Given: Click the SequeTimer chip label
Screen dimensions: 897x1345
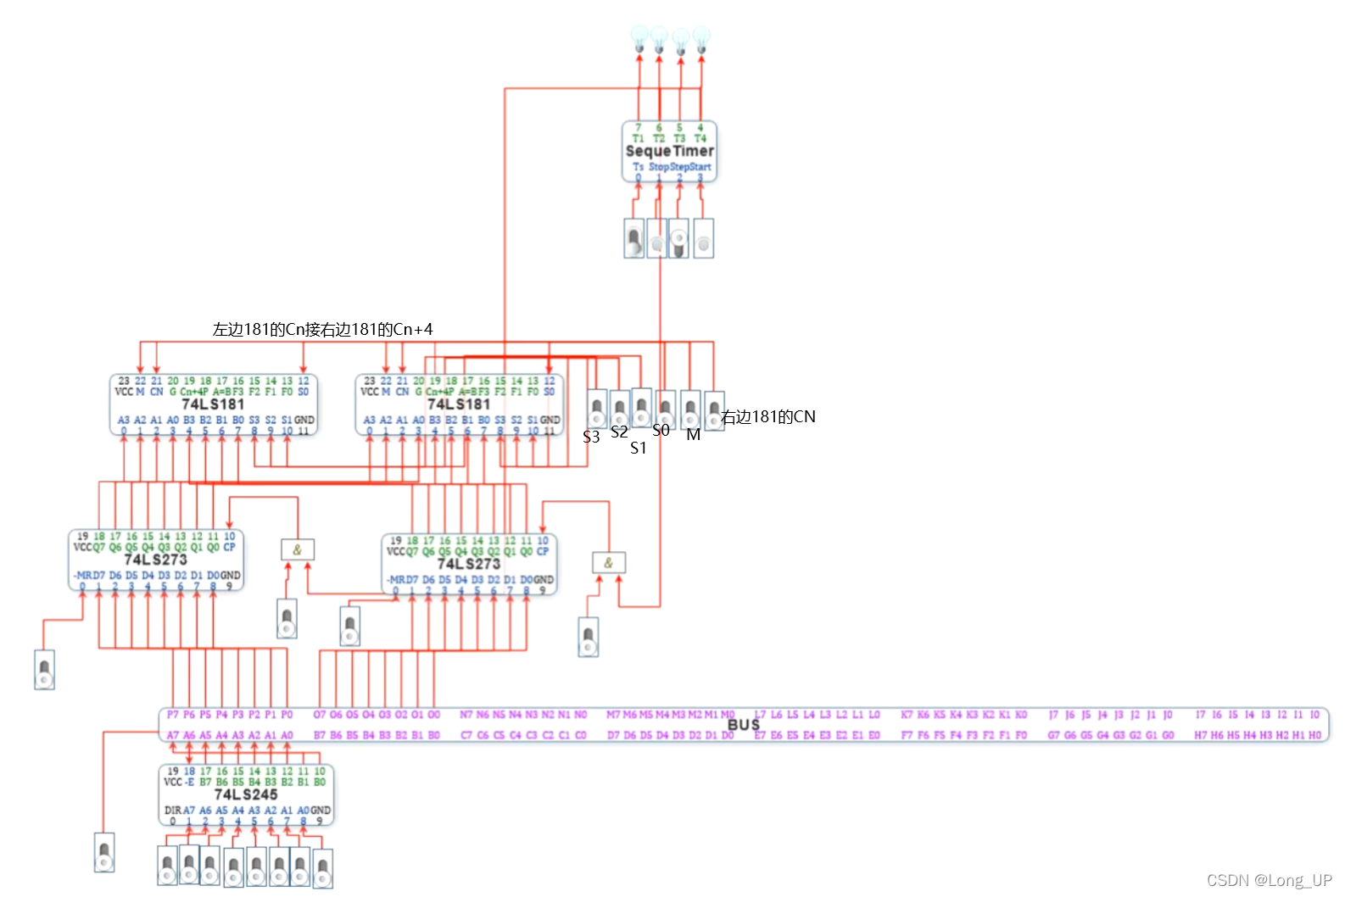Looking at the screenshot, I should (x=669, y=151).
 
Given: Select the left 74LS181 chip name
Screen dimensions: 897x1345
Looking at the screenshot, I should (x=213, y=404).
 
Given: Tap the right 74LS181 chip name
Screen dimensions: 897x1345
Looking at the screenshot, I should (x=459, y=404).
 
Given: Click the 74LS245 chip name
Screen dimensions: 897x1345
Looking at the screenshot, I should (x=246, y=794).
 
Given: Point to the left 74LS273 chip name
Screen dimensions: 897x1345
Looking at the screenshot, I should (x=155, y=560).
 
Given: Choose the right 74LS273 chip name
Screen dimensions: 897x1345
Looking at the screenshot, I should (x=469, y=564).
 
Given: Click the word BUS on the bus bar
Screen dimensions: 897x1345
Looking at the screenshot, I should (x=743, y=725).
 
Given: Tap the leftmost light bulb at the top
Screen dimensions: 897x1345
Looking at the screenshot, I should (x=639, y=38).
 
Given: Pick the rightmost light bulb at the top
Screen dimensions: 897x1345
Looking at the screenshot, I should (x=701, y=38).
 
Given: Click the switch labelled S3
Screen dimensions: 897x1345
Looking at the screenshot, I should (x=597, y=409).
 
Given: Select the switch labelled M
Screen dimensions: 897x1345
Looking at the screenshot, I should (x=691, y=409).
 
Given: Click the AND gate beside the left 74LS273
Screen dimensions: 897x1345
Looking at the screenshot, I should (x=298, y=549).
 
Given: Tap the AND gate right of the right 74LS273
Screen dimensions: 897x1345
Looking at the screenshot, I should (x=608, y=562).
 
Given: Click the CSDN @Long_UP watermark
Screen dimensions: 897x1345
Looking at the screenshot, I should (x=1269, y=880).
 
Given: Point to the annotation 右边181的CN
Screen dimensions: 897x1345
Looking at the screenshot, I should (x=768, y=417).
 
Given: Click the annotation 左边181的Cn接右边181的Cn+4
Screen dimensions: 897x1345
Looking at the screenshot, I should (x=322, y=329).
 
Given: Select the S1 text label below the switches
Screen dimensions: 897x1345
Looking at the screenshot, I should (x=639, y=448).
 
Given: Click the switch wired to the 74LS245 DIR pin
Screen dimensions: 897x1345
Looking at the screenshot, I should (x=104, y=852).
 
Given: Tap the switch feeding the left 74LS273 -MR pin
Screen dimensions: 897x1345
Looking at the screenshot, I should (x=45, y=670).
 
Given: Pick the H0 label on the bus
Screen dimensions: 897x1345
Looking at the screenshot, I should (x=1314, y=735).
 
